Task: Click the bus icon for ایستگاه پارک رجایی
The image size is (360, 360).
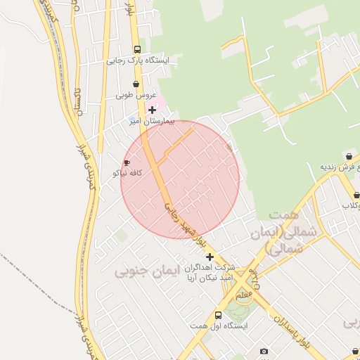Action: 136,50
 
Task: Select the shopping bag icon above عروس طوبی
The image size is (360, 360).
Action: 136,84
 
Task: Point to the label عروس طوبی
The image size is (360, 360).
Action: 135,96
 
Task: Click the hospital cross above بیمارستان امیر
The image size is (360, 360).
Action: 152,110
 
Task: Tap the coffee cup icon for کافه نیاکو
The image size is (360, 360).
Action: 127,162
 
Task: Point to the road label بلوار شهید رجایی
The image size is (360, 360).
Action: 184,224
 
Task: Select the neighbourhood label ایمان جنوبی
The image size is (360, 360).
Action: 148,269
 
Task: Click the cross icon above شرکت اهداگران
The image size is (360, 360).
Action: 210,257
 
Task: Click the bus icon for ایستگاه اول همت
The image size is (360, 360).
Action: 218,315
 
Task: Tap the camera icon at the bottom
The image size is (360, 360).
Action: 264,352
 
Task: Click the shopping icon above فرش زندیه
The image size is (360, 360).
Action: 349,156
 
